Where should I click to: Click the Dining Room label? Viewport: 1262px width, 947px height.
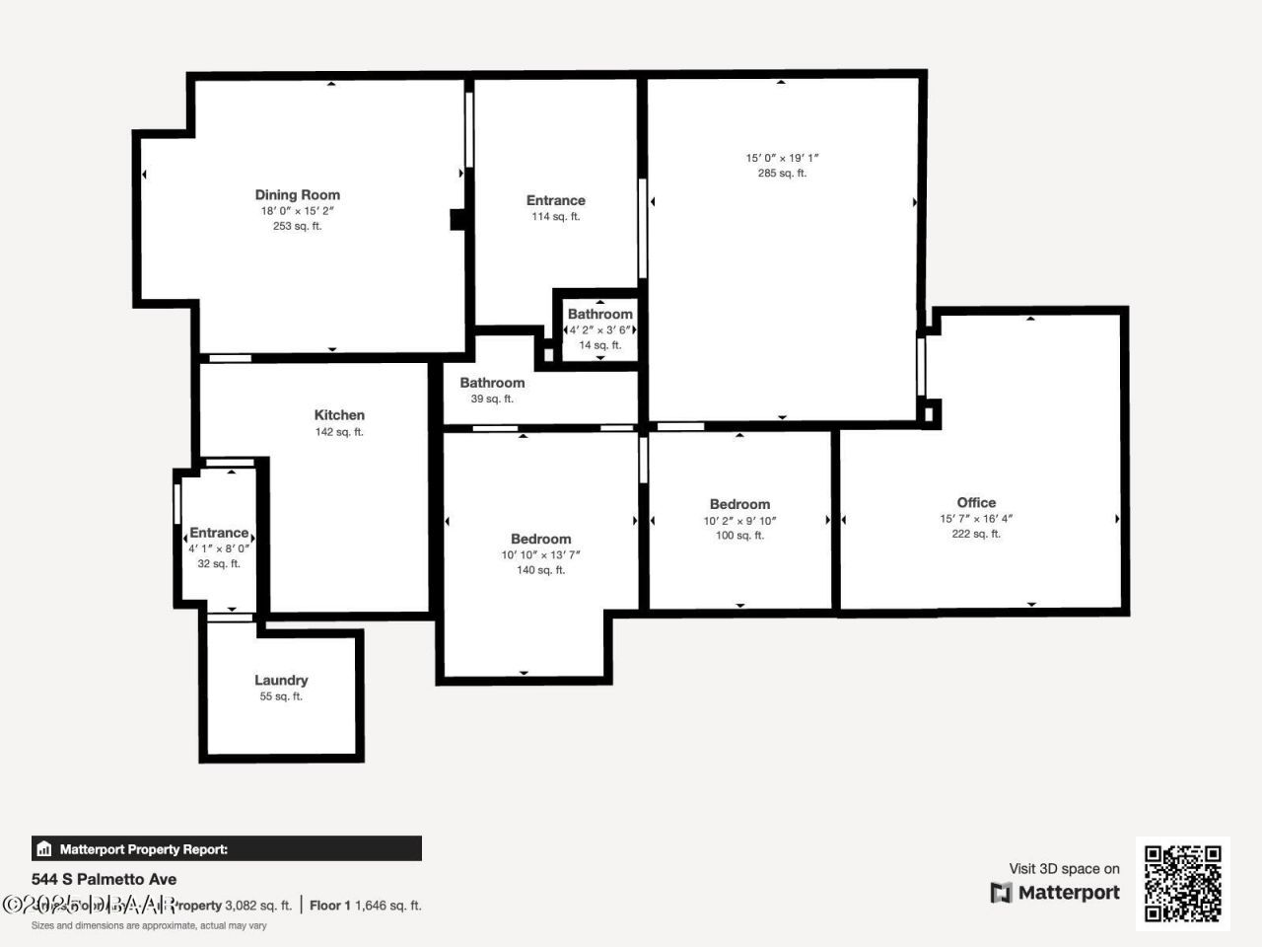point(297,195)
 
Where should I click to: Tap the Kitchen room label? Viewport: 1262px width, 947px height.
point(339,415)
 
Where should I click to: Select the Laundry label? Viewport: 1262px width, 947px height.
point(281,680)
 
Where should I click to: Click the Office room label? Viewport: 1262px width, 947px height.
point(976,502)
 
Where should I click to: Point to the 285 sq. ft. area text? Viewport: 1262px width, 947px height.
point(782,174)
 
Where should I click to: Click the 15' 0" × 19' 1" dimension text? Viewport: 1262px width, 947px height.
point(782,158)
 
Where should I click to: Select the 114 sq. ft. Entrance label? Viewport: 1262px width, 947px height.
point(555,200)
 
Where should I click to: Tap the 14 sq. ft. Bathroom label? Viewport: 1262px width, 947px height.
point(599,315)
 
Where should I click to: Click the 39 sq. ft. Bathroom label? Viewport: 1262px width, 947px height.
point(492,383)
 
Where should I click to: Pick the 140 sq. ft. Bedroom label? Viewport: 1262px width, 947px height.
point(540,539)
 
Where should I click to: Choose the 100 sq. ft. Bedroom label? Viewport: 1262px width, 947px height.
point(739,504)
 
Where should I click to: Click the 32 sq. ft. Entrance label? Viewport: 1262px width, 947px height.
point(219,533)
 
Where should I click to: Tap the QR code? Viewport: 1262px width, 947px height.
point(1182,883)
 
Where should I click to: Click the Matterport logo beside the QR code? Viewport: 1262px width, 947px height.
point(1055,893)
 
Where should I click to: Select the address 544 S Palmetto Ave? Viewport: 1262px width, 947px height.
point(105,879)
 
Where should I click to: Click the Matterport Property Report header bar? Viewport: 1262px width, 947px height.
point(227,848)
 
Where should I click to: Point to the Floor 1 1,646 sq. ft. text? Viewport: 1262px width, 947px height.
point(365,905)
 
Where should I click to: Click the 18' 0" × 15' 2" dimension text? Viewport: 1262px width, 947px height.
point(297,211)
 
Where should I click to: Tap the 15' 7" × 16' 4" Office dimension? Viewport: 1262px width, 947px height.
point(976,519)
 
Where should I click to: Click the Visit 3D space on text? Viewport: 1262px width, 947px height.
point(1064,869)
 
